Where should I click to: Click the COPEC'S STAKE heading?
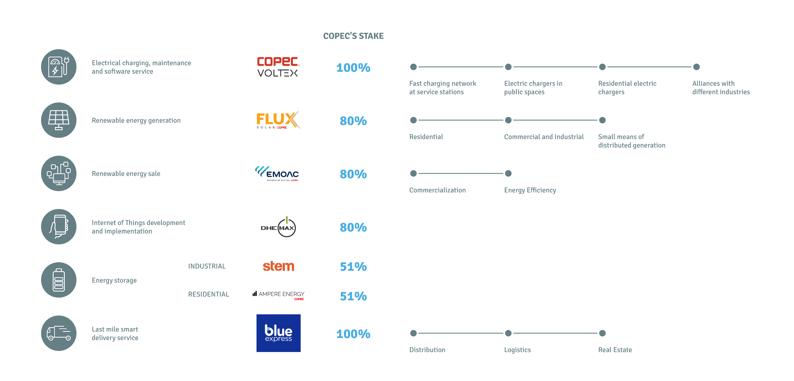coord(353,36)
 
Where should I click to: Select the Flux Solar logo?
coord(278,120)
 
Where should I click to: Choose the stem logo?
coord(279,266)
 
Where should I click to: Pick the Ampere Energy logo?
coord(278,295)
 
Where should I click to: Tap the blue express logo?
coord(278,333)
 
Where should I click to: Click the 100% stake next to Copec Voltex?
coord(353,68)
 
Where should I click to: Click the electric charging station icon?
coord(59,67)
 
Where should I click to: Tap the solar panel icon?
coord(59,120)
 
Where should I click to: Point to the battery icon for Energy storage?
coord(59,280)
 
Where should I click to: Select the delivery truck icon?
coord(59,333)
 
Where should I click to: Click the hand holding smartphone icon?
coord(59,226)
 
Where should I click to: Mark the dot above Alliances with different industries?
coord(696,67)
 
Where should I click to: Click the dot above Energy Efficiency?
coord(508,173)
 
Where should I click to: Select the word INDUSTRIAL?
coord(207,266)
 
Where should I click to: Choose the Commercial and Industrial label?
coord(544,137)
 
